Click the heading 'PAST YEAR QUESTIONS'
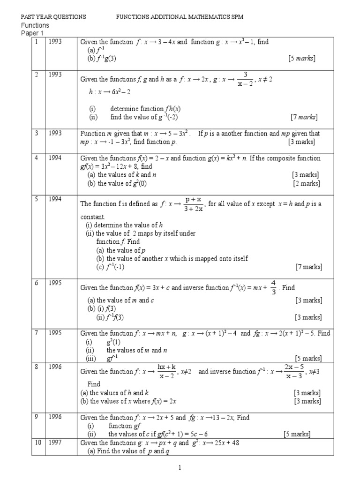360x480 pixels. (x=54, y=17)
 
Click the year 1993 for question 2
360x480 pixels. (x=55, y=74)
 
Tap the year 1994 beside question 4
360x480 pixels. (x=55, y=158)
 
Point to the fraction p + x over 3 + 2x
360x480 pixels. (x=193, y=204)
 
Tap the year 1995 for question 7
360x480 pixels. (x=55, y=333)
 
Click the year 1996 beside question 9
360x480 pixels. (x=55, y=417)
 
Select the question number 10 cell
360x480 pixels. (x=37, y=442)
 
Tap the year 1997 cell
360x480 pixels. (x=55, y=442)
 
